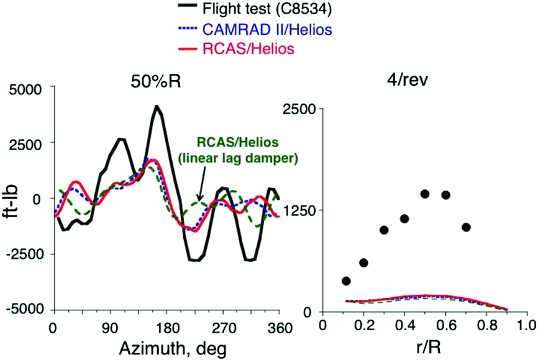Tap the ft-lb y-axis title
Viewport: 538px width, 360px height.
tap(12, 199)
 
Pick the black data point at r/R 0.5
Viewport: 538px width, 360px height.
tap(425, 194)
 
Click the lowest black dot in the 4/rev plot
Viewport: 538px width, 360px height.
tap(346, 281)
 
